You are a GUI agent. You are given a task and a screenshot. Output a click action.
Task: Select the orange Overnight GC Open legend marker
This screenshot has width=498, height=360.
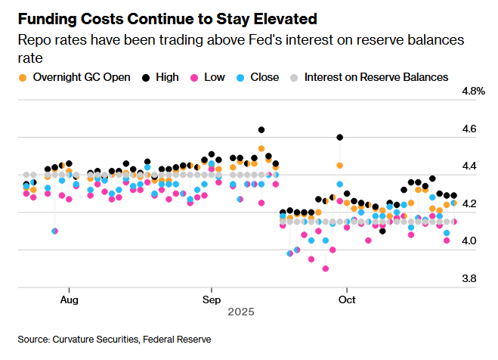click(23, 77)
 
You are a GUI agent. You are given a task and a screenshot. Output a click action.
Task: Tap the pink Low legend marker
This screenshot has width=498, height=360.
click(194, 77)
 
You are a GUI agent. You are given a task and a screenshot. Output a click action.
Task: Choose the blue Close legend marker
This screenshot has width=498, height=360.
click(240, 77)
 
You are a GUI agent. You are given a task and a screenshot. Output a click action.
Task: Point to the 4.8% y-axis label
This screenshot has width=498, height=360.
click(472, 92)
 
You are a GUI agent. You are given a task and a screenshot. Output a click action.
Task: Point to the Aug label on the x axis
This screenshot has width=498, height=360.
click(69, 299)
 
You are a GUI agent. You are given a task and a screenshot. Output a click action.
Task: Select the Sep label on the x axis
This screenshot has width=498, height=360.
click(211, 299)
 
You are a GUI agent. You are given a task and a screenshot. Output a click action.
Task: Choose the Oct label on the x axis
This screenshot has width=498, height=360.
click(347, 299)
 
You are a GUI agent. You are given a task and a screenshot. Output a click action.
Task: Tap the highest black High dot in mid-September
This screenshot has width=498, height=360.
click(261, 130)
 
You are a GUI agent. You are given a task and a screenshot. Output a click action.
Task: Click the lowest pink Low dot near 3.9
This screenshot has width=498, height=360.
click(326, 268)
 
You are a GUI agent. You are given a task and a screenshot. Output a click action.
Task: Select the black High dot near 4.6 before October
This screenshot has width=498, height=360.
click(340, 138)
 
